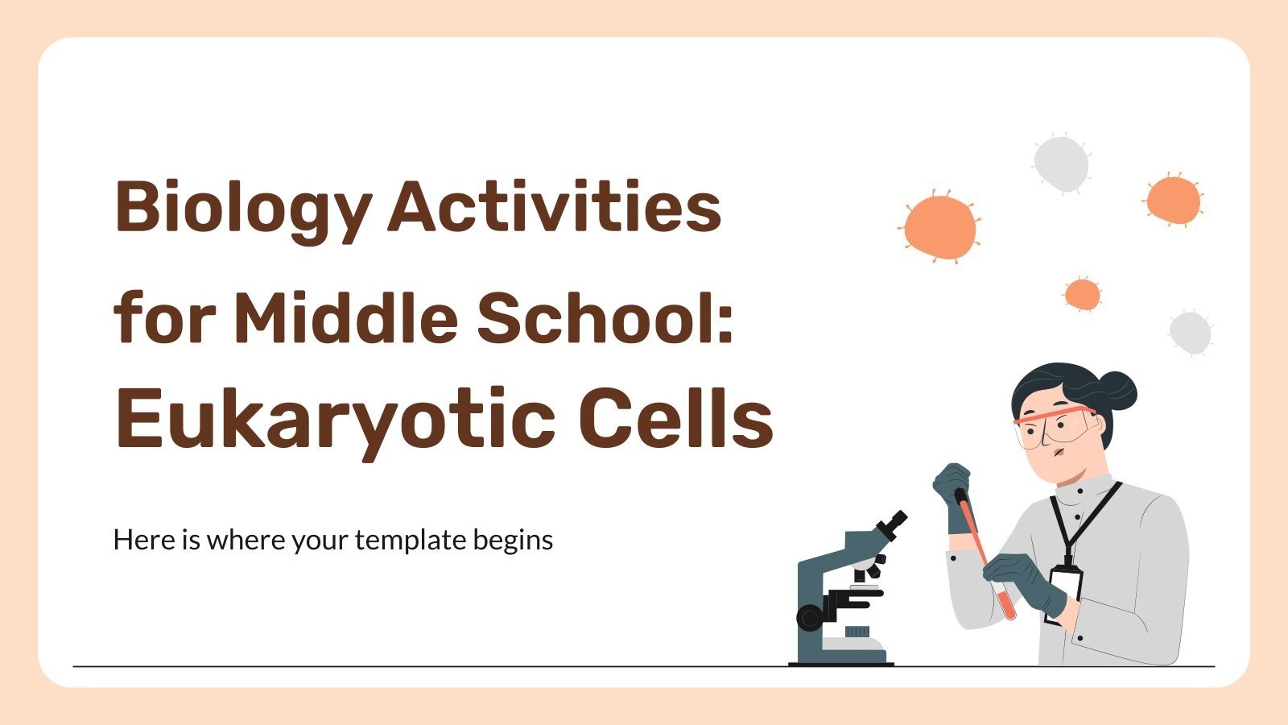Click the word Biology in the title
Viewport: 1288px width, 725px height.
[242, 208]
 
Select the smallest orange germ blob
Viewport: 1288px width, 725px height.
[1082, 295]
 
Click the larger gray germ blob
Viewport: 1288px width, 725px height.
[1061, 164]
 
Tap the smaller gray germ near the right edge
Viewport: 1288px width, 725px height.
[1190, 331]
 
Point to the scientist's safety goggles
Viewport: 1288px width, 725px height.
[1055, 427]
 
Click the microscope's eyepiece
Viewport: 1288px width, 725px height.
[893, 524]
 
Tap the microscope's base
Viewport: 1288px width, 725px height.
[841, 659]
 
